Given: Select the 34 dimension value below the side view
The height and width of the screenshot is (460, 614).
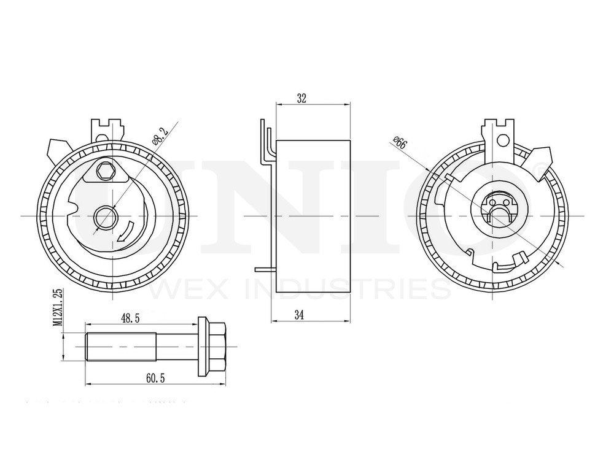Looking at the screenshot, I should point(299,315).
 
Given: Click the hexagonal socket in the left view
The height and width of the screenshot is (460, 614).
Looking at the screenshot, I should point(106,172).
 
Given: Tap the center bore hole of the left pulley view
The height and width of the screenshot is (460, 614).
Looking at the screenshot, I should point(106,217).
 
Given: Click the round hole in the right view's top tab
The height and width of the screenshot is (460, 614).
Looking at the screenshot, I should point(503,141).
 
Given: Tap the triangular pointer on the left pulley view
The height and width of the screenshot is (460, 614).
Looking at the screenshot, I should point(58,150).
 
